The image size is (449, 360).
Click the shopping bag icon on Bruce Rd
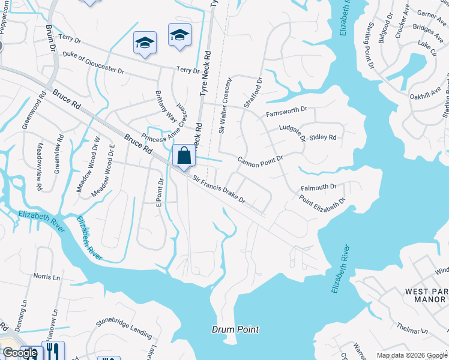pos(184,156)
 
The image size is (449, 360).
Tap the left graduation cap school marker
pos(145,43)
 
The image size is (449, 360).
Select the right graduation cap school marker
pos(179,35)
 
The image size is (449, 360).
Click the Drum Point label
pos(235,329)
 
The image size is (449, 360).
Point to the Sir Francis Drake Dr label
pos(218,188)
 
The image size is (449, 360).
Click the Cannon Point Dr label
pos(260,160)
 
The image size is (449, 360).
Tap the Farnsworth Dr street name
pos(286,111)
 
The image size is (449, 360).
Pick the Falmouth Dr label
pos(318,187)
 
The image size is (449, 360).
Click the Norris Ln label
pos(47,277)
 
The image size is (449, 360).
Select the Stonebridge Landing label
pos(124,330)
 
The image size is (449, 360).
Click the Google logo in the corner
pos(20,353)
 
